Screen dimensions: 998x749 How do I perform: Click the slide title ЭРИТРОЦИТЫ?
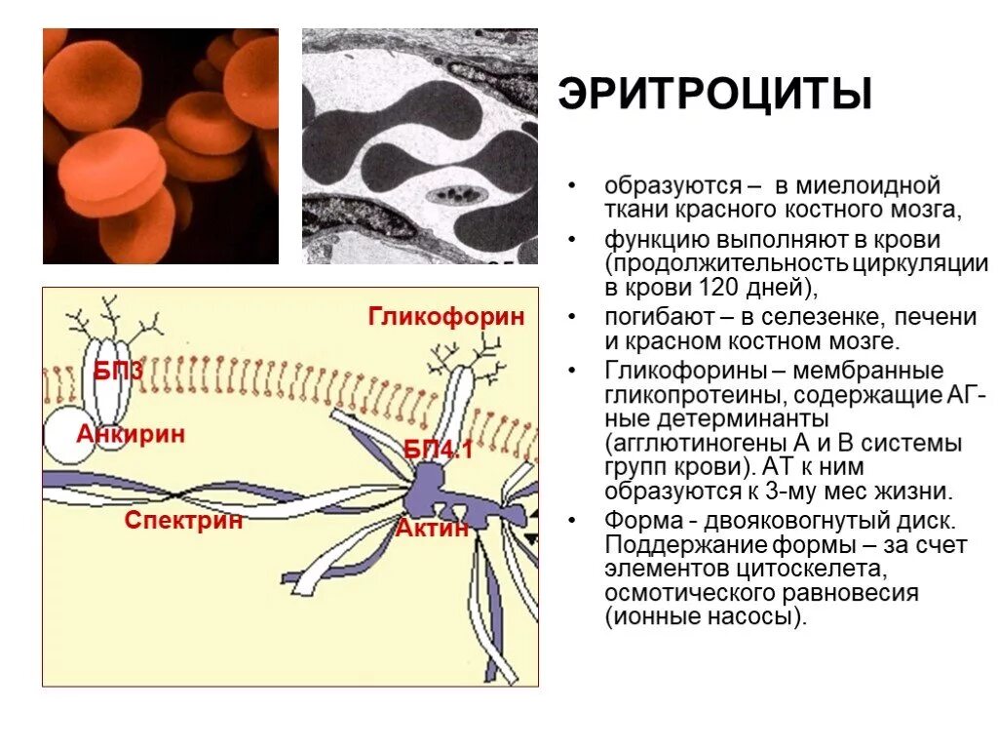pos(714,95)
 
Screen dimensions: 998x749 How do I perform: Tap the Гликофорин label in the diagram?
pos(446,316)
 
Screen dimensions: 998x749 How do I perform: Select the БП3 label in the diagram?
pos(118,371)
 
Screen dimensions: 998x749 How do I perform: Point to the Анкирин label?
pos(131,434)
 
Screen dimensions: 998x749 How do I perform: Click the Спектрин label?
pos(183,520)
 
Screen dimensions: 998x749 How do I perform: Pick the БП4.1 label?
pos(439,451)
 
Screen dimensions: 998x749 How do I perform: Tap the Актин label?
pos(432,529)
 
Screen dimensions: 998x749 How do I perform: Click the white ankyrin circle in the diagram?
pos(71,436)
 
